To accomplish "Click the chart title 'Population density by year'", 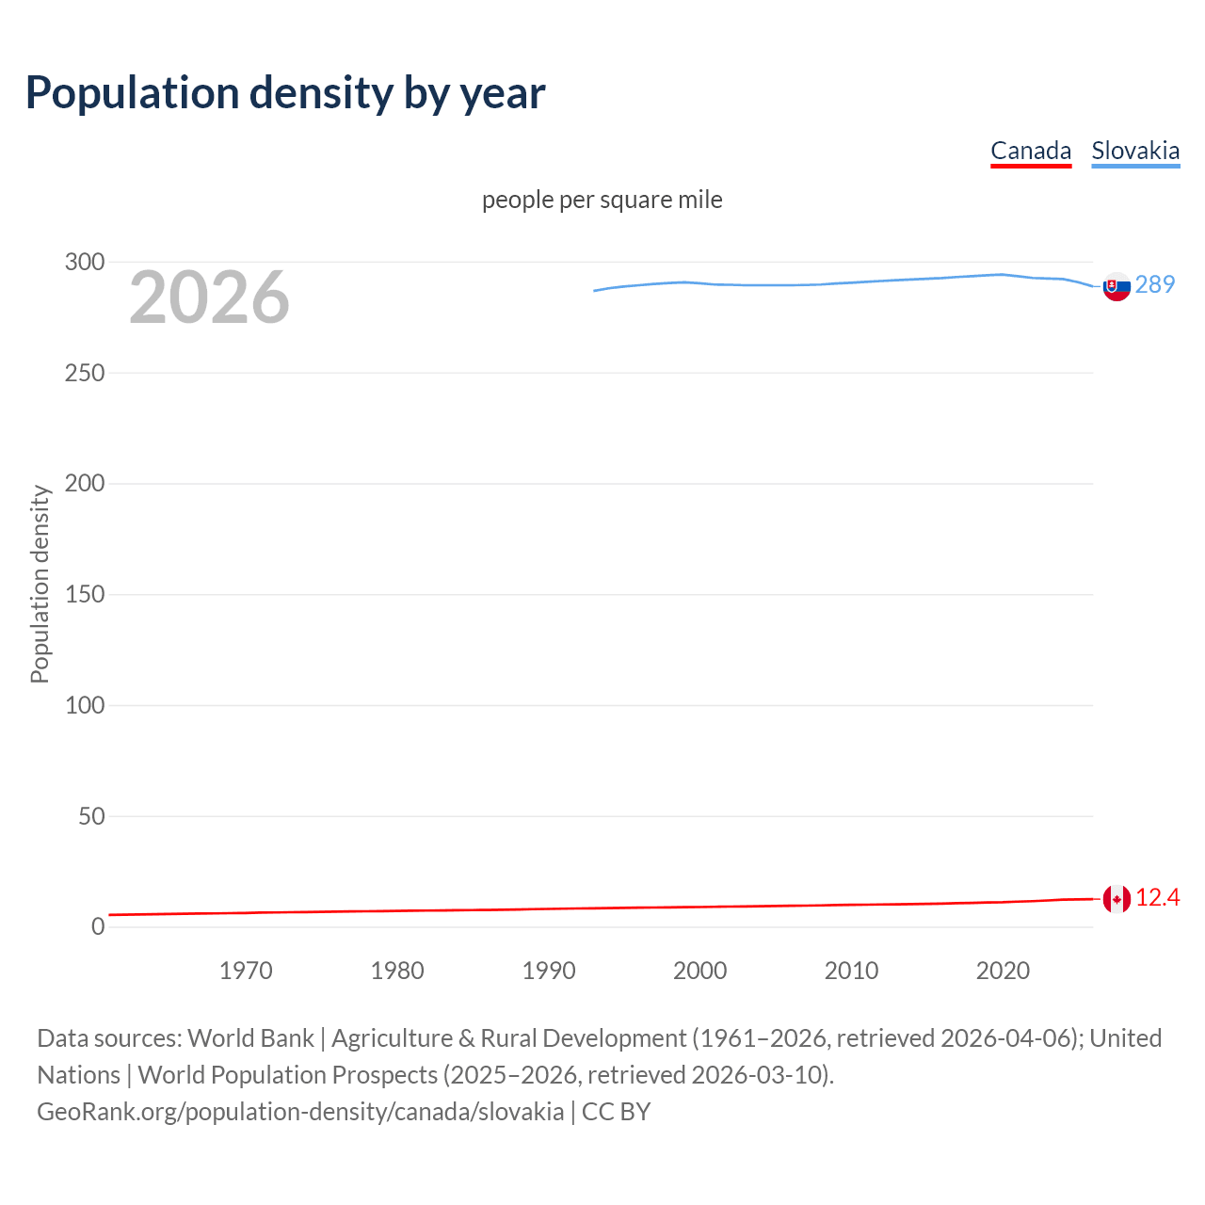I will tap(285, 92).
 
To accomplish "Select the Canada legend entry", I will tap(1031, 151).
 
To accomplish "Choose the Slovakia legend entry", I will tap(1135, 151).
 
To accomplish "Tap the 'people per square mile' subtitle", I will tap(602, 200).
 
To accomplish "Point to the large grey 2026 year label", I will tap(209, 297).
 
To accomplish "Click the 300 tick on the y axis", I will tap(85, 262).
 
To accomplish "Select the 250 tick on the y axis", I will tap(85, 373).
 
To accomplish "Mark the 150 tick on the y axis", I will tap(85, 594).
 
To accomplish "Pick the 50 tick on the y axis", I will tap(91, 816).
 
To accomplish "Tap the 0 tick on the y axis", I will tap(98, 926).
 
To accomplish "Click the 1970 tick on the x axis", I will tap(246, 971).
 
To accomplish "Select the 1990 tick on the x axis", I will tap(549, 971).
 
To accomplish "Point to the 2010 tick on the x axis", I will tap(851, 971).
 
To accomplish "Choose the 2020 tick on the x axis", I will tap(1003, 971).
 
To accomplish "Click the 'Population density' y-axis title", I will tap(40, 584).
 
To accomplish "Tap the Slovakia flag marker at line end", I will tap(1117, 286).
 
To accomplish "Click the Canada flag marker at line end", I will tap(1117, 899).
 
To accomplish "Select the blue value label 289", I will tap(1155, 284).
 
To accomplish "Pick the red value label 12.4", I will tap(1157, 898).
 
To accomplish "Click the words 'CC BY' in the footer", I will tap(616, 1112).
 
